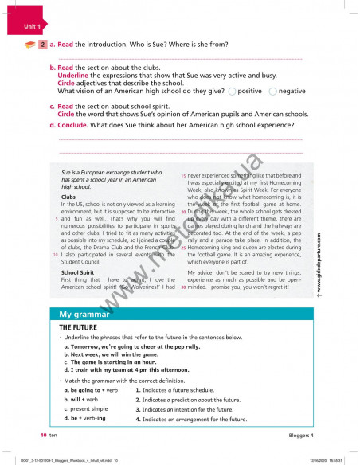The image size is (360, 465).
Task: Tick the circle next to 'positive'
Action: tap(232, 92)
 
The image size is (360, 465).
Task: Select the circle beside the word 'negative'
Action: tap(273, 92)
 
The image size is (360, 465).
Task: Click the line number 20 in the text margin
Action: tap(183, 213)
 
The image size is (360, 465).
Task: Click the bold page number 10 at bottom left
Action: tap(44, 436)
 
